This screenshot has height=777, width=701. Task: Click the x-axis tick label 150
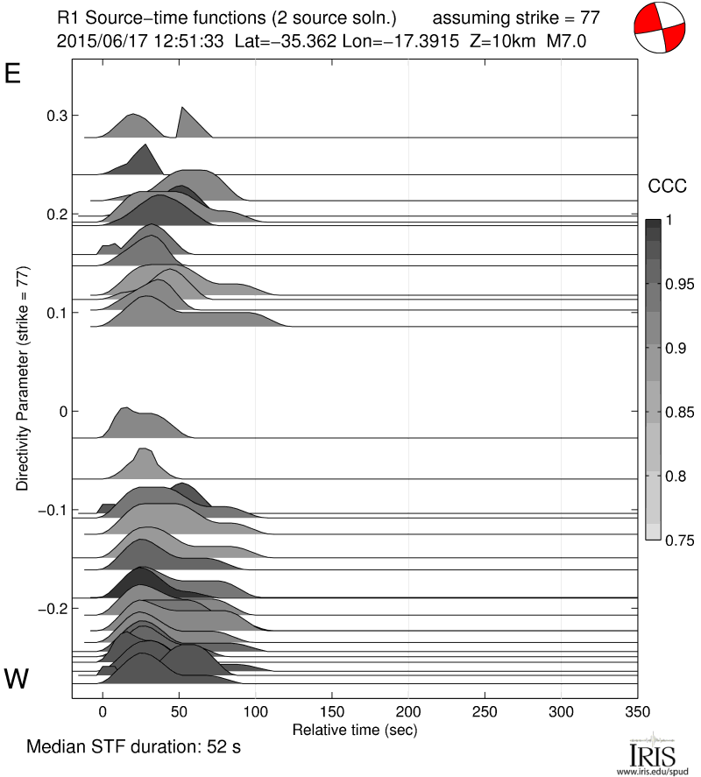click(x=332, y=710)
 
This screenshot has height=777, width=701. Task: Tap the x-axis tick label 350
click(x=638, y=710)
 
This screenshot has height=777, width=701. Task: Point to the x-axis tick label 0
click(x=103, y=710)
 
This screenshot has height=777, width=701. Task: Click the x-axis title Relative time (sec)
click(x=355, y=729)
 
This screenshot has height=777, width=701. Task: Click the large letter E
click(x=13, y=74)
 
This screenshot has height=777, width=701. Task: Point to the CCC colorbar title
click(x=667, y=186)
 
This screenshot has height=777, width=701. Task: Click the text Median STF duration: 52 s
click(x=133, y=748)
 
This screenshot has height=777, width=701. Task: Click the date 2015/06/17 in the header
click(x=95, y=40)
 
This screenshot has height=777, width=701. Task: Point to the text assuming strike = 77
click(x=516, y=17)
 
